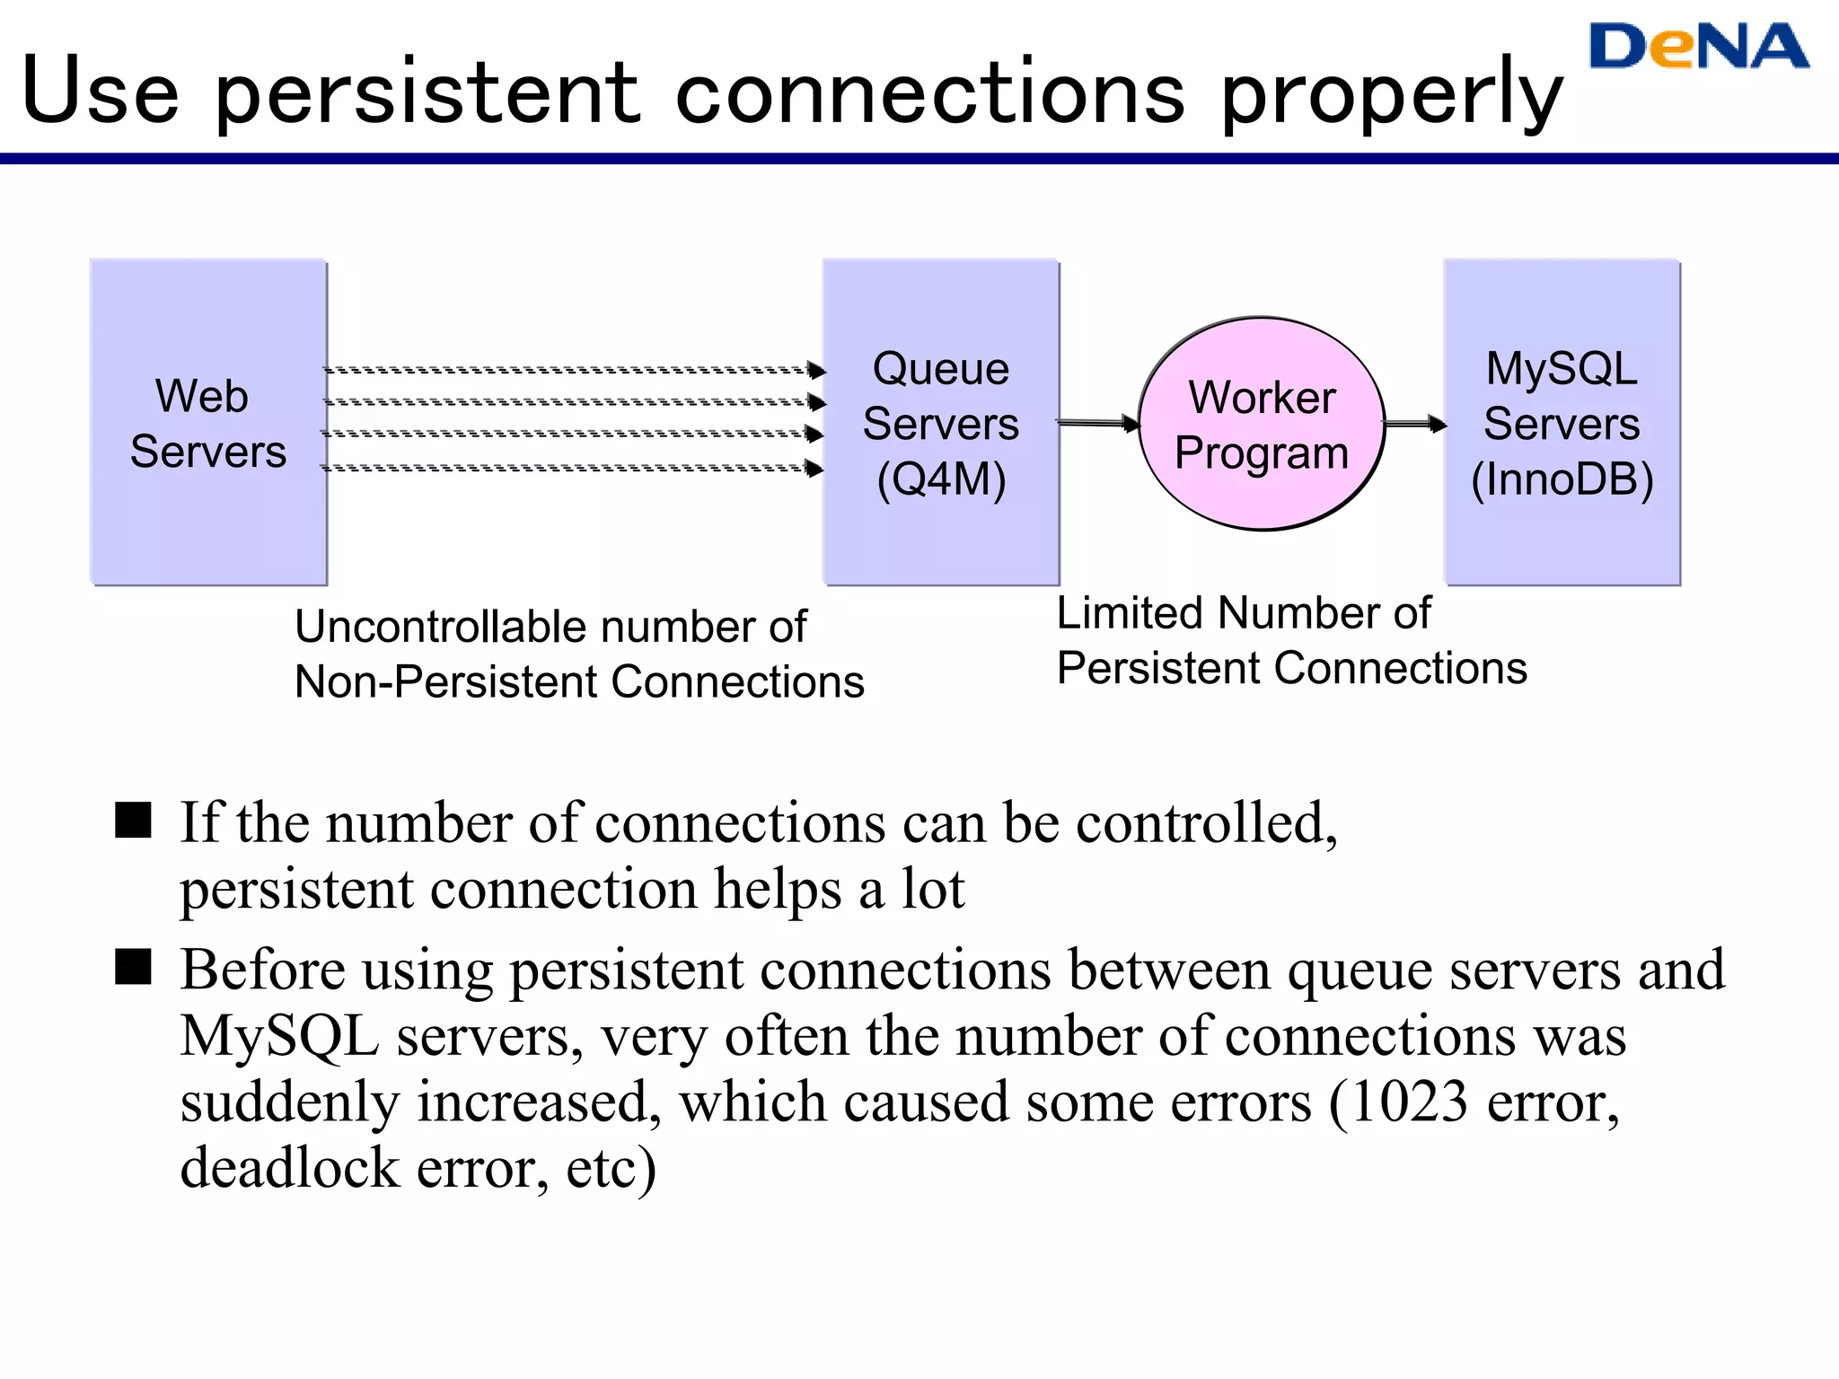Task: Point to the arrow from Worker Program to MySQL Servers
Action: [1413, 424]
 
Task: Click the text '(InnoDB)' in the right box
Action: [1562, 479]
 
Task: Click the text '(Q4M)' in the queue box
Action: [941, 479]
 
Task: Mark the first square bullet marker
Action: [134, 820]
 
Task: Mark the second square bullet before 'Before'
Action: [134, 967]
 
